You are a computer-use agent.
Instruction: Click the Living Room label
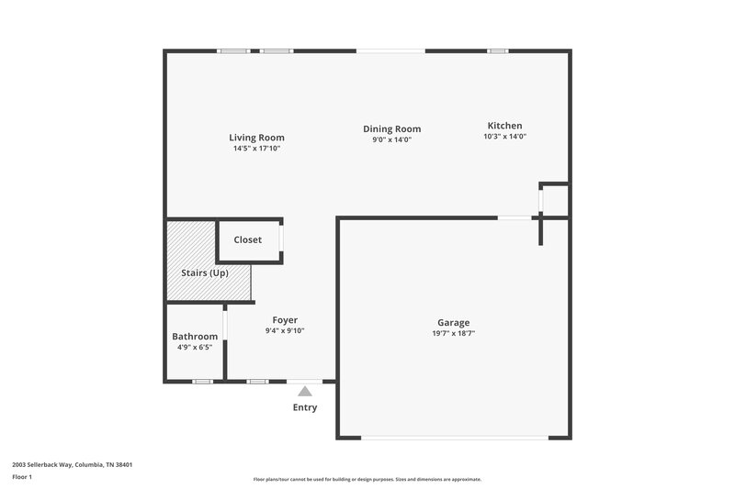click(x=256, y=138)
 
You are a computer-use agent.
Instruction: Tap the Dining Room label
click(x=391, y=129)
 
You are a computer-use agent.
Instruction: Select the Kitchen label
click(x=504, y=126)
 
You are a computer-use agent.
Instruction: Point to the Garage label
click(x=453, y=323)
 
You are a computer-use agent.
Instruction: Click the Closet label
click(x=247, y=240)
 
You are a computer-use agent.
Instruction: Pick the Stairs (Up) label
click(x=205, y=273)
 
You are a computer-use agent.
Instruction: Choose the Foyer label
click(x=285, y=320)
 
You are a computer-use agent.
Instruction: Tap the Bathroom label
click(x=195, y=337)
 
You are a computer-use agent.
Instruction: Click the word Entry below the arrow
click(x=305, y=407)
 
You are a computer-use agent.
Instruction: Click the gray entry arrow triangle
click(x=305, y=391)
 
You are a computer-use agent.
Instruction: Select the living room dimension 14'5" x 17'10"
click(x=256, y=148)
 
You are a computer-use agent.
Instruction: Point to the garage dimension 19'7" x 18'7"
click(x=453, y=333)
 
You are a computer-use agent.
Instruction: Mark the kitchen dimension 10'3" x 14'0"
click(x=504, y=136)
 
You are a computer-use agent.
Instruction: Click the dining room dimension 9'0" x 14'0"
click(x=391, y=139)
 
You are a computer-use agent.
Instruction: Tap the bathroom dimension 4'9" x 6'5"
click(x=195, y=347)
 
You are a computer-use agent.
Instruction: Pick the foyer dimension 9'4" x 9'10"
click(x=285, y=330)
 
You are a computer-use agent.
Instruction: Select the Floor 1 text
click(x=22, y=477)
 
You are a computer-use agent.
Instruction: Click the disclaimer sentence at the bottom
click(x=367, y=479)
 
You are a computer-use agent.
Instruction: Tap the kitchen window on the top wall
click(x=498, y=51)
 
